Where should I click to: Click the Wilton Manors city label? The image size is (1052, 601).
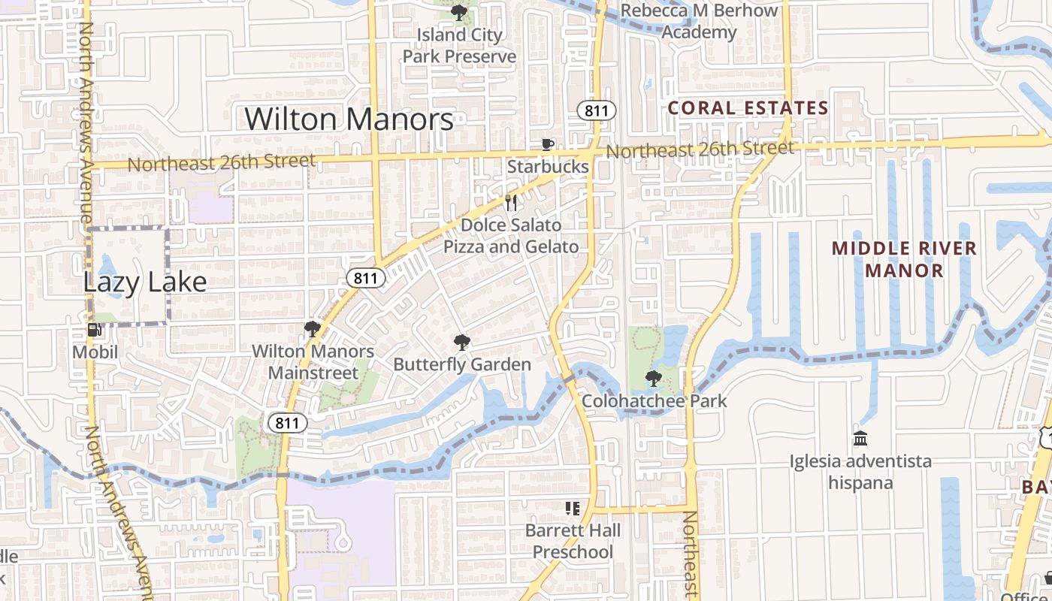pyautogui.click(x=349, y=119)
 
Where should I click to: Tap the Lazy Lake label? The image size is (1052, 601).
pyautogui.click(x=144, y=282)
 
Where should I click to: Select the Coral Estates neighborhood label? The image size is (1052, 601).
pyautogui.click(x=748, y=108)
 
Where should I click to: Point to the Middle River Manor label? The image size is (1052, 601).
pyautogui.click(x=904, y=259)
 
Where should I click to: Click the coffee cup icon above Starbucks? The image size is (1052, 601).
pyautogui.click(x=548, y=144)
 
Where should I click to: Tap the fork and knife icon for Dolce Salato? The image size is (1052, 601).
pyautogui.click(x=511, y=202)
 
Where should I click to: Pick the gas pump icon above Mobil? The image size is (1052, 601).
pyautogui.click(x=95, y=329)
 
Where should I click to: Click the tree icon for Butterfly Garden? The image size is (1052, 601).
pyautogui.click(x=462, y=343)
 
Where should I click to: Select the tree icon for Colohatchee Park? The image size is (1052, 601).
pyautogui.click(x=653, y=378)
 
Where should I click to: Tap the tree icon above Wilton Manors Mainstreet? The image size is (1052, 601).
pyautogui.click(x=312, y=328)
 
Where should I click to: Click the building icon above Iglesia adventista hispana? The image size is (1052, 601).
pyautogui.click(x=860, y=438)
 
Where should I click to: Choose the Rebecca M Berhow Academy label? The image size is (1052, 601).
pyautogui.click(x=700, y=22)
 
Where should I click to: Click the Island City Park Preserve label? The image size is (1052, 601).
pyautogui.click(x=459, y=46)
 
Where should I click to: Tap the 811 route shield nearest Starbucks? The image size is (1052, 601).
pyautogui.click(x=597, y=111)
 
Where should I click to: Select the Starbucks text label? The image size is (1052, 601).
pyautogui.click(x=548, y=167)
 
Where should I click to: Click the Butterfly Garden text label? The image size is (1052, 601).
pyautogui.click(x=462, y=365)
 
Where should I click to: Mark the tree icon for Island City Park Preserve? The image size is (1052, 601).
pyautogui.click(x=458, y=12)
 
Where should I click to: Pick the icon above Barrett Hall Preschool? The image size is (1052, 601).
pyautogui.click(x=573, y=509)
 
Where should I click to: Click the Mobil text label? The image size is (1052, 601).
pyautogui.click(x=95, y=352)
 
